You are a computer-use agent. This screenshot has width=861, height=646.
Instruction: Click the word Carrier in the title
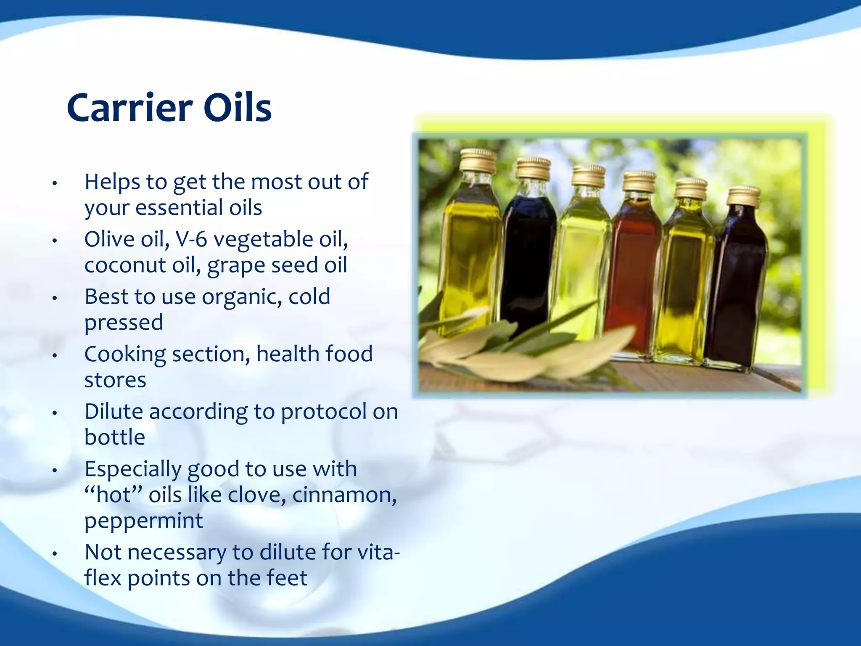coord(129,108)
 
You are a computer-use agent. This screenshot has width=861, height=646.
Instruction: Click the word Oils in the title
coord(238,108)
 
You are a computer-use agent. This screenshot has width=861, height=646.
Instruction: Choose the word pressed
coord(124,323)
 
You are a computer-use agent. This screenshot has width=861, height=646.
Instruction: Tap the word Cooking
coord(125,355)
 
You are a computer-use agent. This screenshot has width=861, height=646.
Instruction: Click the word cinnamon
coord(344,495)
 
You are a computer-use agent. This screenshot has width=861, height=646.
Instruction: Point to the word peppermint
coord(144,522)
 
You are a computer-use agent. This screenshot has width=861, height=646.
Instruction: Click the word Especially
coord(132,469)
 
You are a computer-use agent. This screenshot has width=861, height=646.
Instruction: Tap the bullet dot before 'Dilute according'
coord(54,413)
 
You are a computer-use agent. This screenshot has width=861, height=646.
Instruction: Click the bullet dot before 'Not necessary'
coord(54,554)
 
